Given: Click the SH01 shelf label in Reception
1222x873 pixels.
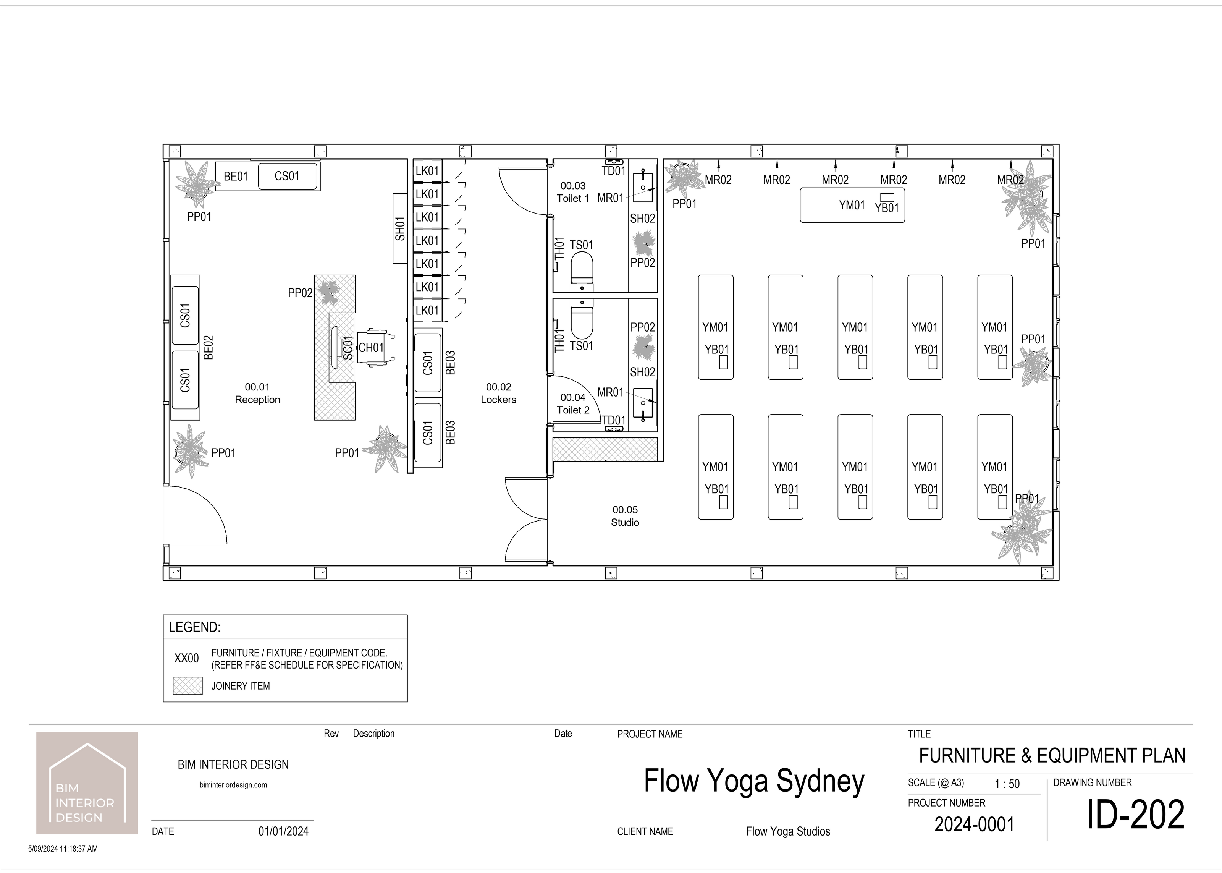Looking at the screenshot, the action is click(400, 228).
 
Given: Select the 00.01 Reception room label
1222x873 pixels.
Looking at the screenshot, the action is click(257, 393).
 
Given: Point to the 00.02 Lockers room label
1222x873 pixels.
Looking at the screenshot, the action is click(498, 393).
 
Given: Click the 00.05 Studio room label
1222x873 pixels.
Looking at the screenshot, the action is click(625, 515).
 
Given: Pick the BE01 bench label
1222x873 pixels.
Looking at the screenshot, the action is click(236, 177).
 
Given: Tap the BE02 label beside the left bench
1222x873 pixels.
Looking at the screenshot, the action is click(209, 347).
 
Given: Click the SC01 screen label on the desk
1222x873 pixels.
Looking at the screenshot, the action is click(348, 347).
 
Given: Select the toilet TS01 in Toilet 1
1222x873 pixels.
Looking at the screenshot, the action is click(582, 269).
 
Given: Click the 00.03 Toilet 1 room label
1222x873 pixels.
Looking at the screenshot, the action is click(573, 192).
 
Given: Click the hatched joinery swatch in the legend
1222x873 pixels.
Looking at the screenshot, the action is click(188, 686).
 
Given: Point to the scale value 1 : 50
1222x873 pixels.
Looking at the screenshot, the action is click(1007, 784).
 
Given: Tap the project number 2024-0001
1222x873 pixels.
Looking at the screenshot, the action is click(975, 824).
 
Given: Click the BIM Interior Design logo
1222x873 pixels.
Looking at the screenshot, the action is click(87, 783).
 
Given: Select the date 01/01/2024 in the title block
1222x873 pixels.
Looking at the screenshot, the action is click(284, 831).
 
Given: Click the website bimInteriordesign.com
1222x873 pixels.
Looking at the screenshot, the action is click(233, 785).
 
